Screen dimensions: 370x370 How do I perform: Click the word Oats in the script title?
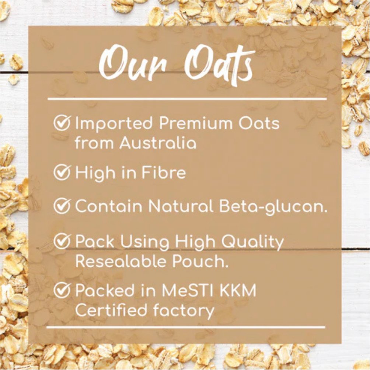(x=219, y=64)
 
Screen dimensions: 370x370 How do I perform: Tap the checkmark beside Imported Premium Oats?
(x=62, y=123)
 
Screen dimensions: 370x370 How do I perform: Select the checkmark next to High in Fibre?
(x=62, y=172)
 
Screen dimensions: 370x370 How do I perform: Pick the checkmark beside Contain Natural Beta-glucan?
(x=62, y=206)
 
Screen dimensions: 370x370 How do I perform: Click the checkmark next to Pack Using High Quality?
(x=62, y=241)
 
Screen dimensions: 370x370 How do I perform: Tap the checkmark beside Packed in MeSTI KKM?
(x=62, y=290)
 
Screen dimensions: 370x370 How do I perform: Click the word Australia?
(x=158, y=143)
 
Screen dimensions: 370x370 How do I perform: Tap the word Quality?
(x=253, y=242)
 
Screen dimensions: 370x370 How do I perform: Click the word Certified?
(x=111, y=310)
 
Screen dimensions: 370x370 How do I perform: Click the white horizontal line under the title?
(x=187, y=99)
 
